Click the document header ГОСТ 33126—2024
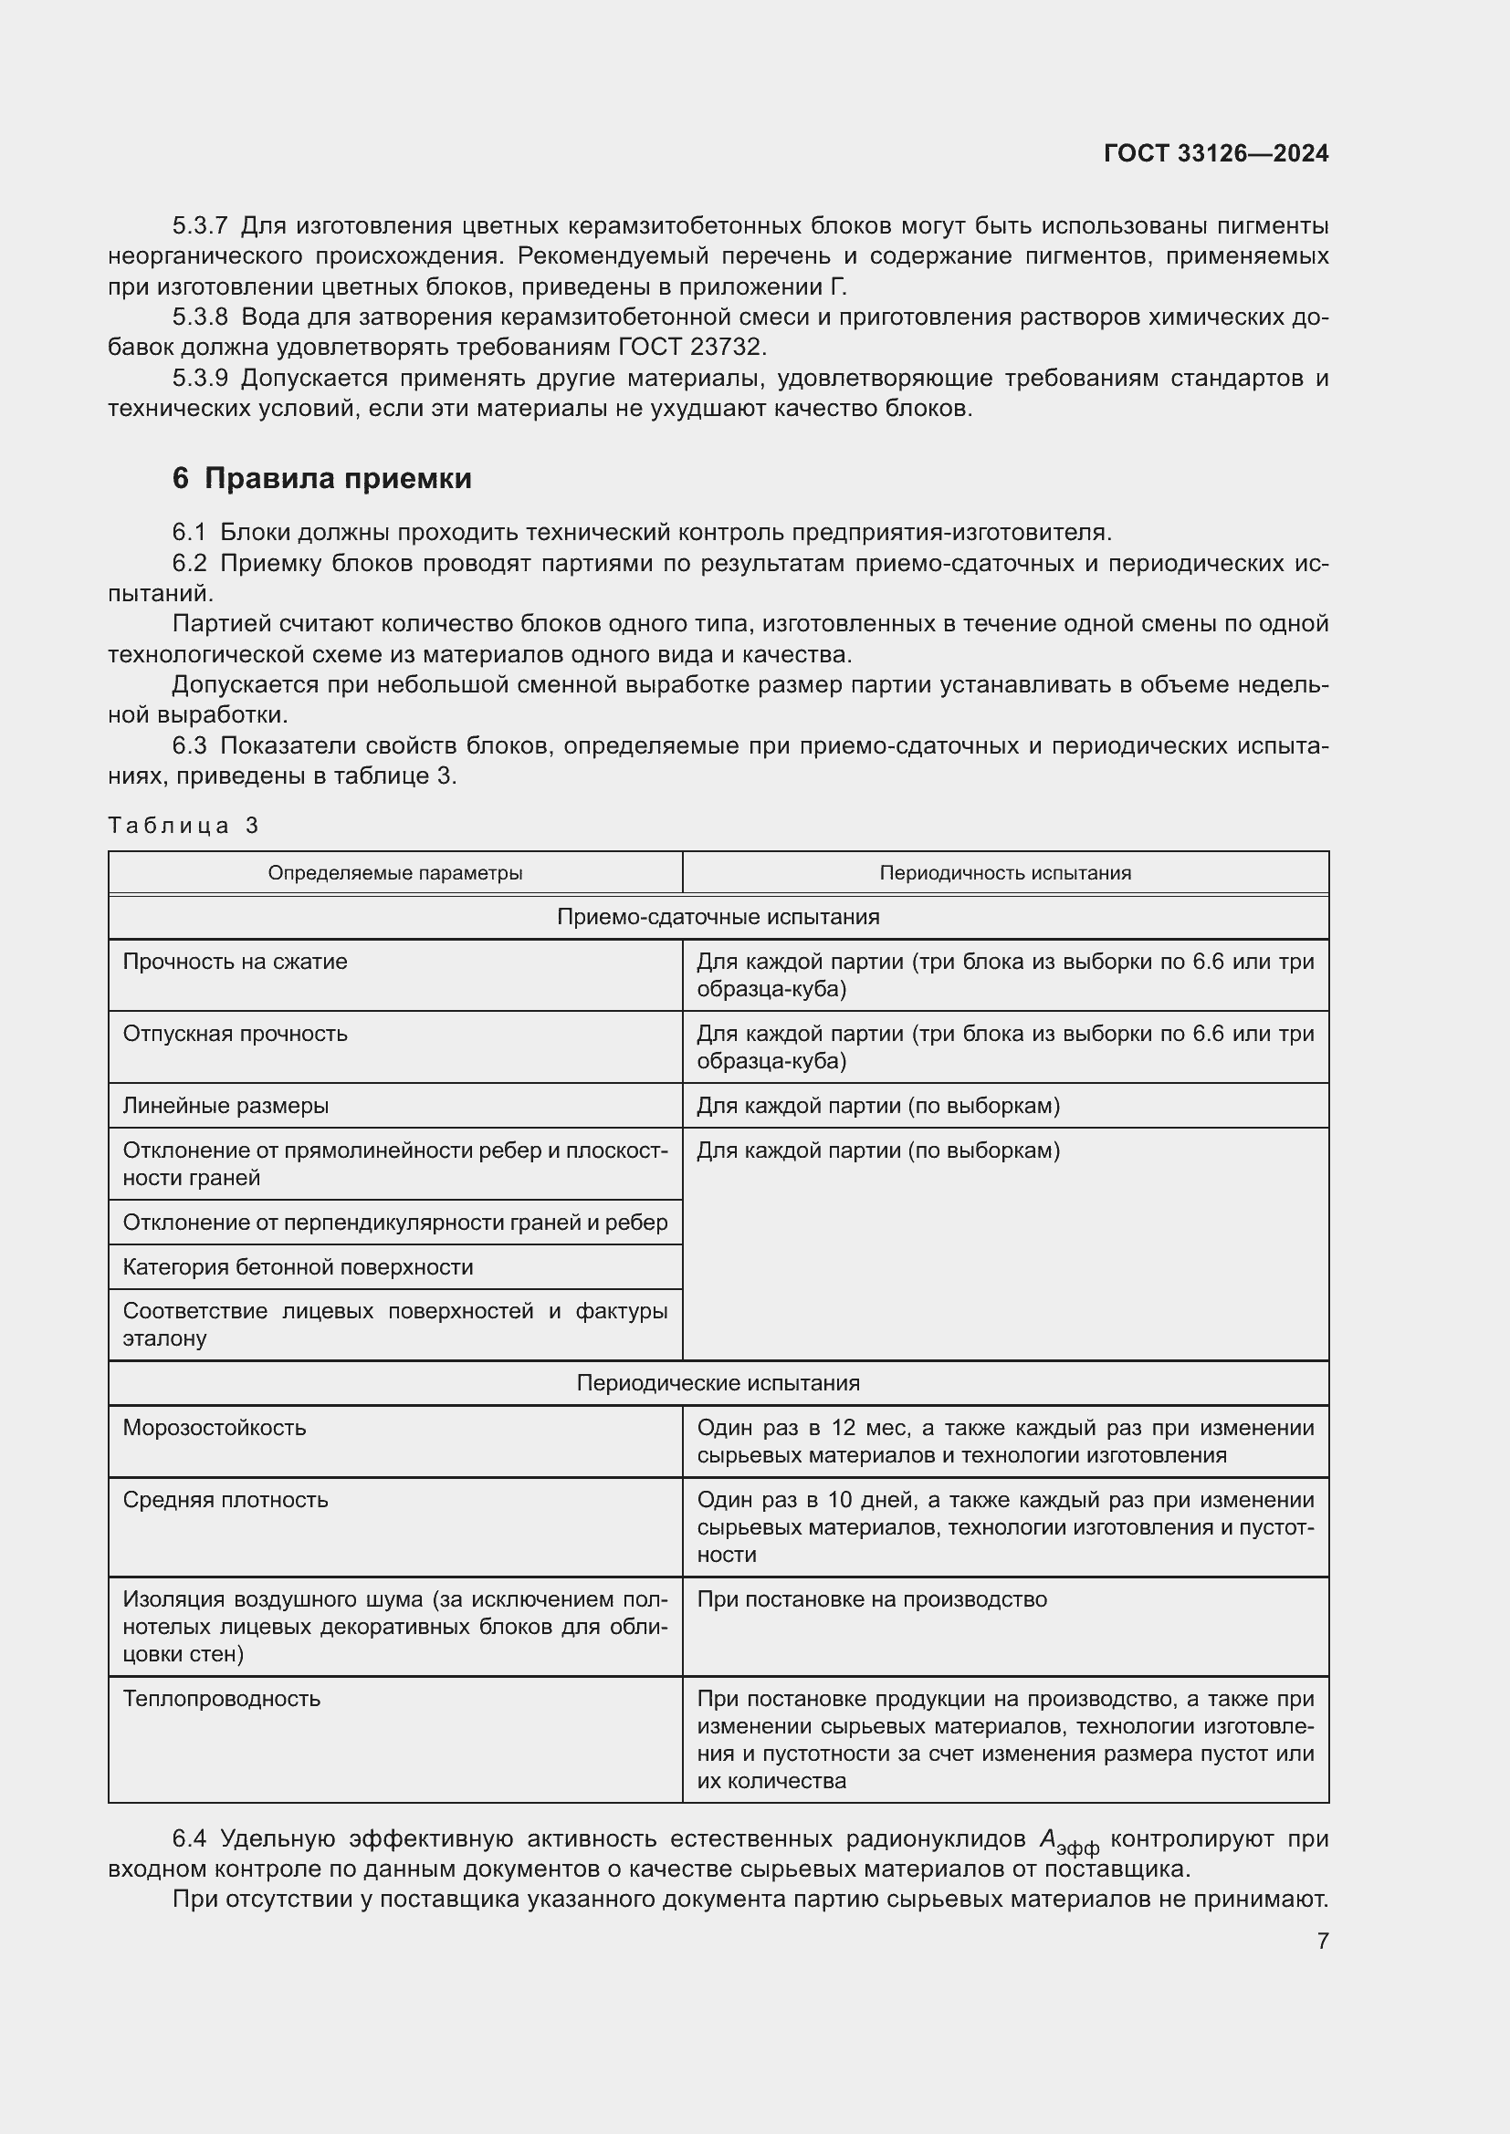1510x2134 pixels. [x=1215, y=153]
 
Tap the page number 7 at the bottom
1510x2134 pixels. [x=1322, y=1941]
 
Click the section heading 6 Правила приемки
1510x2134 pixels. [x=321, y=478]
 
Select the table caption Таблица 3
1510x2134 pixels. [x=184, y=826]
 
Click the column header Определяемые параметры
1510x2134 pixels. [x=395, y=873]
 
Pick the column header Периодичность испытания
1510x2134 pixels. [x=1005, y=873]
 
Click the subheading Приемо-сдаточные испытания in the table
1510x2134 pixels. [x=718, y=916]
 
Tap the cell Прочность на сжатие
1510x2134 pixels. [x=236, y=961]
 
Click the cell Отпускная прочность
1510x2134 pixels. [x=236, y=1034]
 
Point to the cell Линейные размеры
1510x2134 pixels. [x=225, y=1105]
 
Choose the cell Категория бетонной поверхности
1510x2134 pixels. [x=298, y=1267]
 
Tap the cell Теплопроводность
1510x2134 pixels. [x=222, y=1698]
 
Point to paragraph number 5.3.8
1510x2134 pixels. [x=199, y=317]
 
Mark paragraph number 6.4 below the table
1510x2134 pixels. [x=189, y=1838]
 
